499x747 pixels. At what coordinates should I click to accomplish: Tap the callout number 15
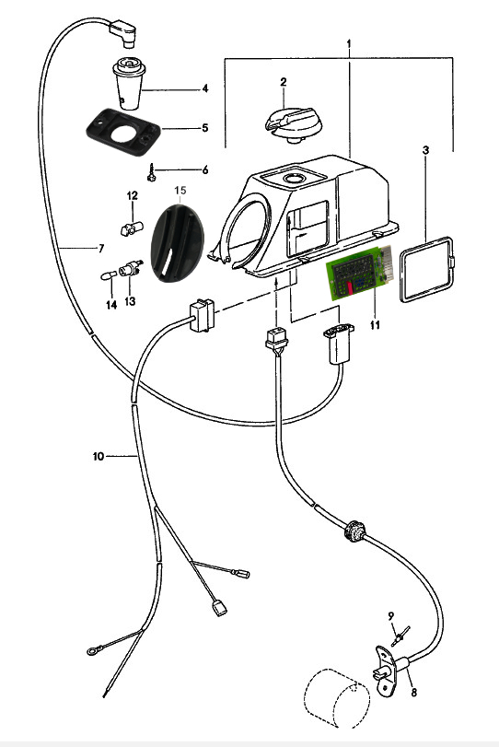(x=180, y=191)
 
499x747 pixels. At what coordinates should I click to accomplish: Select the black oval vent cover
(x=177, y=243)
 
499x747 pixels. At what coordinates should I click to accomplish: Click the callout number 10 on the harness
(x=99, y=456)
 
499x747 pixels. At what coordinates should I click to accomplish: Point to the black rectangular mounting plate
(x=122, y=133)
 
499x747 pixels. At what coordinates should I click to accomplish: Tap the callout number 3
(x=425, y=150)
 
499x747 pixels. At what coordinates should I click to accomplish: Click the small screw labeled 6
(x=152, y=173)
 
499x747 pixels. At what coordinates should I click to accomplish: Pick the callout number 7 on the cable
(x=101, y=248)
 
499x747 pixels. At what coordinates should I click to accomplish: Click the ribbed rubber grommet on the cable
(x=354, y=531)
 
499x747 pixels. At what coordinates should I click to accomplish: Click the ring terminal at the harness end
(x=91, y=651)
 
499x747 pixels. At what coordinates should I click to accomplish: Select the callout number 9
(x=391, y=616)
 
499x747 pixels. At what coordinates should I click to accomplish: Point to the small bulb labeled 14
(x=109, y=275)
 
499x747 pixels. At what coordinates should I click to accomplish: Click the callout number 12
(x=132, y=195)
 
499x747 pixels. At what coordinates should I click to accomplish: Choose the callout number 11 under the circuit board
(x=376, y=324)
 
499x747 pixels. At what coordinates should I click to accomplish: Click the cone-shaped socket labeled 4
(x=129, y=84)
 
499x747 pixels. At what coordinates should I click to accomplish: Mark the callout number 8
(x=413, y=693)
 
